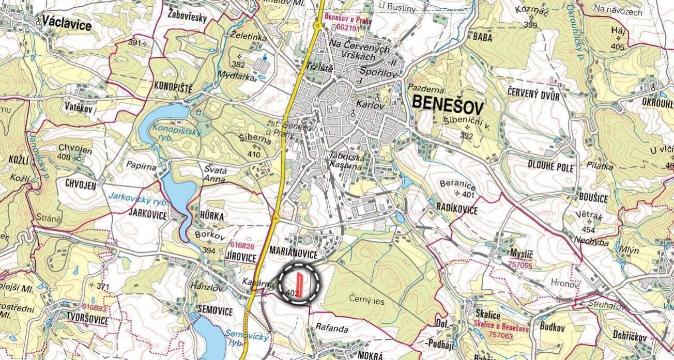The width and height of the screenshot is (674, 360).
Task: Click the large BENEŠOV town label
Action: [x=448, y=107]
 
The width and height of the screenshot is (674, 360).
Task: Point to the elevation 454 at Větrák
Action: [x=588, y=229]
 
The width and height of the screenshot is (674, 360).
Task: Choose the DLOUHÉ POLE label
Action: [x=551, y=166]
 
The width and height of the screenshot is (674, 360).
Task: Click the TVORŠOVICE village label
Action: [x=87, y=321]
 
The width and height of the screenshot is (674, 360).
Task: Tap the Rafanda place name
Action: [x=332, y=328]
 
